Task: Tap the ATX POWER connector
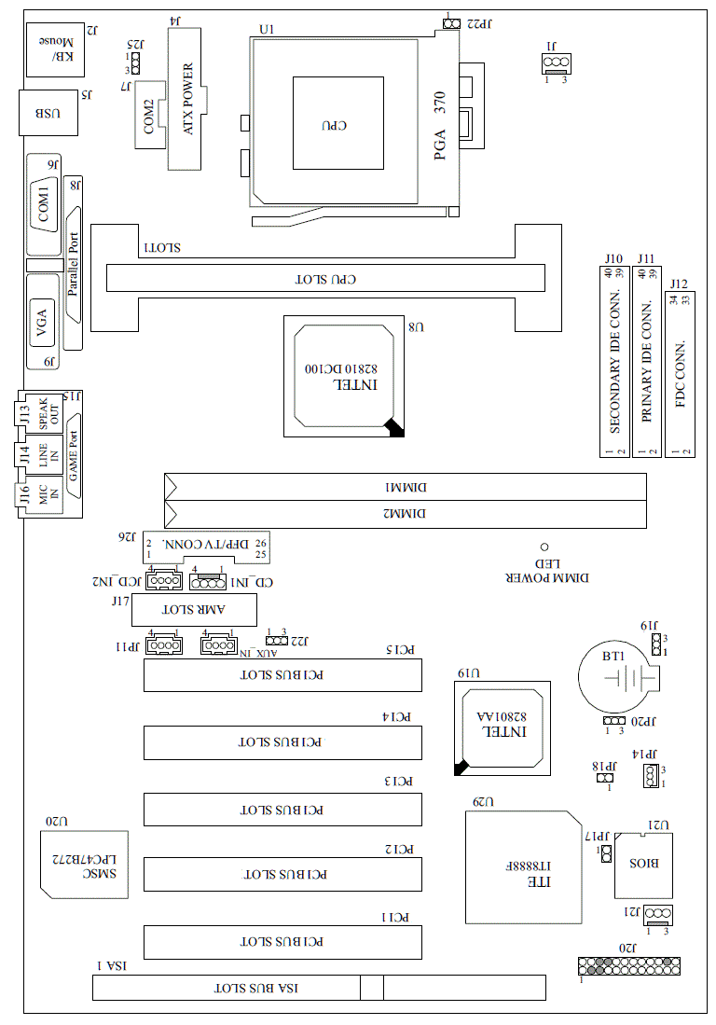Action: click(x=185, y=98)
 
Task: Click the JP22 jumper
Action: click(x=451, y=22)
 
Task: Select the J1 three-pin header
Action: click(x=556, y=62)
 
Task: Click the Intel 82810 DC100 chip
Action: click(x=345, y=376)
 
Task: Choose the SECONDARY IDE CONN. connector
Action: click(x=614, y=363)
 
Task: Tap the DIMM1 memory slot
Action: click(x=406, y=487)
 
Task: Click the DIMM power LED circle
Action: click(x=544, y=547)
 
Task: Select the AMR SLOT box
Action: click(x=195, y=610)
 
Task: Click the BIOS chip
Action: click(x=644, y=864)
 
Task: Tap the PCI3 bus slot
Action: click(x=282, y=810)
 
